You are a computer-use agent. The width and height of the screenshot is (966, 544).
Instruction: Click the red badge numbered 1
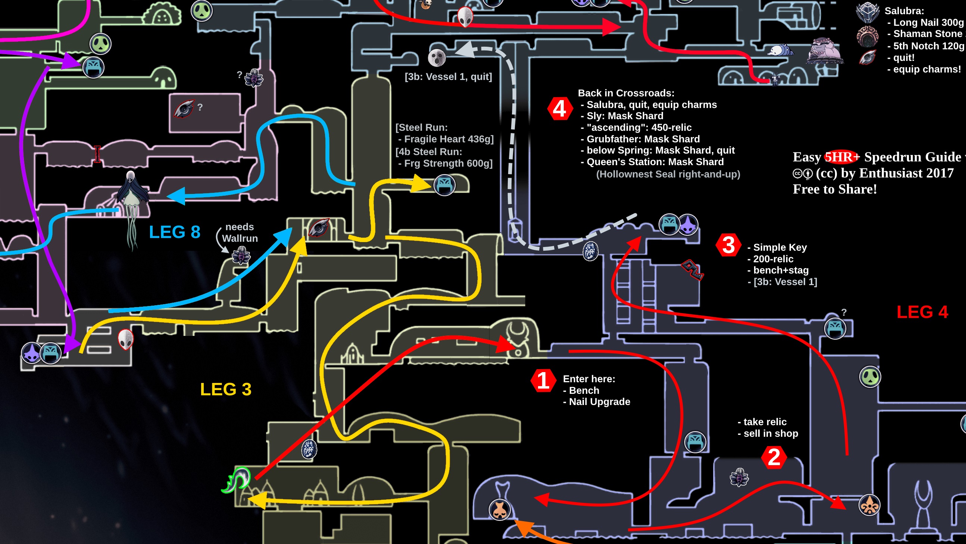[543, 381]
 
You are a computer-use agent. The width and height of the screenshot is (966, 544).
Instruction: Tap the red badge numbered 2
[774, 457]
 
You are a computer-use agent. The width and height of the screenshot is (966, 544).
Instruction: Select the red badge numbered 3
[728, 245]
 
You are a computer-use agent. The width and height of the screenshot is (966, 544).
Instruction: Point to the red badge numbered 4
[560, 109]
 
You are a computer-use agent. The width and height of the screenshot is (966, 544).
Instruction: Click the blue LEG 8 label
[175, 232]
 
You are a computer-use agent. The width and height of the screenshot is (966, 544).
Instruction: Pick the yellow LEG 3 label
[226, 389]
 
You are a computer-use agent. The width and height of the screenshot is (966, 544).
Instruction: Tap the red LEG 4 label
[922, 312]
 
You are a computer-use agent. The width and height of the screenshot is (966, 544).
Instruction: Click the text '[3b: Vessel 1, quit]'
[448, 77]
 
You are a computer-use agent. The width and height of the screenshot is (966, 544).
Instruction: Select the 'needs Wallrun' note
[240, 233]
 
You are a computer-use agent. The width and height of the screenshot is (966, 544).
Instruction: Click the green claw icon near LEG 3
[236, 480]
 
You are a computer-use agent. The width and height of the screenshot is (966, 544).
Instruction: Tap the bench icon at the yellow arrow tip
[444, 185]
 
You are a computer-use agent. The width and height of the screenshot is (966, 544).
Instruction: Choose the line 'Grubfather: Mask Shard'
[643, 139]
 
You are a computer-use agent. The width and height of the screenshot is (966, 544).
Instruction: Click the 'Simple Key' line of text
[779, 247]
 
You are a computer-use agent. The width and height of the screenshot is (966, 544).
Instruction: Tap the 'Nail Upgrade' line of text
[599, 402]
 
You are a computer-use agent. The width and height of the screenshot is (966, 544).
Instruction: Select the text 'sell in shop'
[770, 433]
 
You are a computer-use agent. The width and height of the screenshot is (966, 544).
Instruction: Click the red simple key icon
[692, 269]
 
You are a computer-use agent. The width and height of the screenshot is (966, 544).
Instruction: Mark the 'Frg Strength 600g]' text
[448, 163]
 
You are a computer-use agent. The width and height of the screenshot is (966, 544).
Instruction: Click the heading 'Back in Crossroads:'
[626, 93]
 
